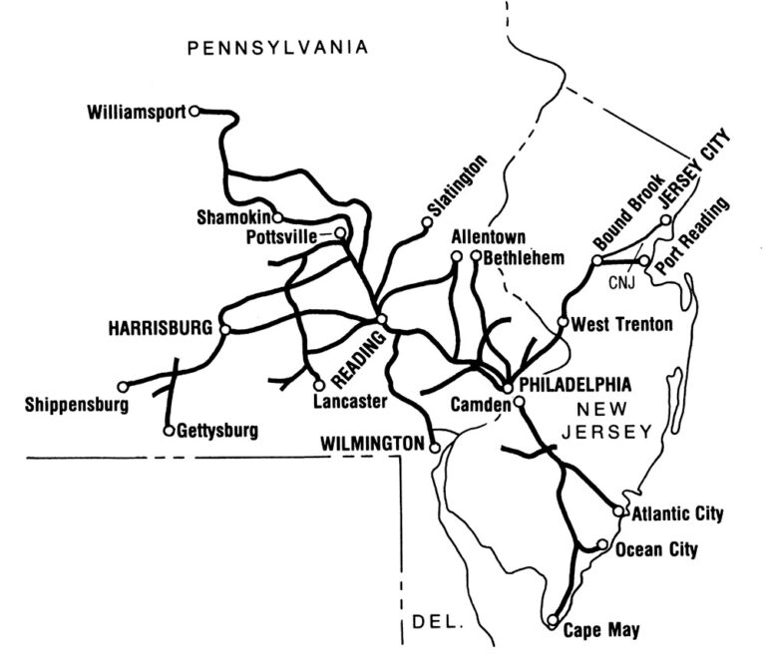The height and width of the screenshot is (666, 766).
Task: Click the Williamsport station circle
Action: [x=195, y=111]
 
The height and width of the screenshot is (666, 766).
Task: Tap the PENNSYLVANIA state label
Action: [x=279, y=46]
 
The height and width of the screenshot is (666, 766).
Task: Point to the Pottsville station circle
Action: [x=340, y=233]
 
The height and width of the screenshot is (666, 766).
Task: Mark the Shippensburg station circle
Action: [x=123, y=386]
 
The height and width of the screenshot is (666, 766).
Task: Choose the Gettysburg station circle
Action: [x=168, y=431]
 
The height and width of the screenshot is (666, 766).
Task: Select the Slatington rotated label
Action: [x=455, y=186]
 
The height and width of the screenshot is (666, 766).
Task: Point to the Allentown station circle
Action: [x=457, y=256]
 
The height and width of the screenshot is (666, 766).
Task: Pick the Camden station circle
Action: [x=519, y=403]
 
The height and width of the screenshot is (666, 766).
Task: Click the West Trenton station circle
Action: [x=563, y=323]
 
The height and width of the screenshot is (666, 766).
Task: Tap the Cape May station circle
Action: [x=554, y=621]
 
